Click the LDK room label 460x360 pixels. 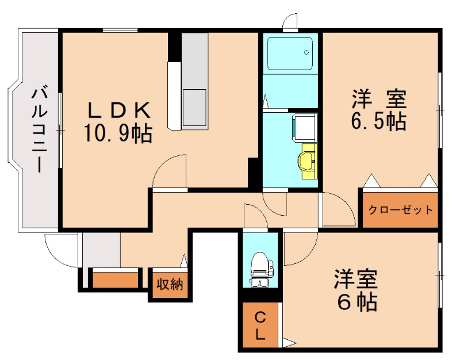pyautogui.click(x=119, y=110)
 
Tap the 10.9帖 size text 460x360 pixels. pyautogui.click(x=118, y=133)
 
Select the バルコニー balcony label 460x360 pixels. pyautogui.click(x=39, y=128)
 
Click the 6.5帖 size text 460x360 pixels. pyautogui.click(x=378, y=121)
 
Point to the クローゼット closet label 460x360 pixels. pyautogui.click(x=400, y=210)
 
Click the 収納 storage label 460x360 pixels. pyautogui.click(x=170, y=284)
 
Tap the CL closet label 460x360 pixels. pyautogui.click(x=260, y=325)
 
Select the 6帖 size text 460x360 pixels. pyautogui.click(x=357, y=302)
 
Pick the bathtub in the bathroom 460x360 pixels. pyautogui.click(x=290, y=53)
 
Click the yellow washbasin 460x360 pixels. pyautogui.click(x=308, y=161)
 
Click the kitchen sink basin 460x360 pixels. pyautogui.click(x=194, y=108)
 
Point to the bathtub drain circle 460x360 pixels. pyautogui.click(x=306, y=52)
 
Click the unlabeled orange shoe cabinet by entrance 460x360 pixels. pyautogui.click(x=116, y=280)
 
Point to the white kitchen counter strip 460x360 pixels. pyautogui.click(x=175, y=95)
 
